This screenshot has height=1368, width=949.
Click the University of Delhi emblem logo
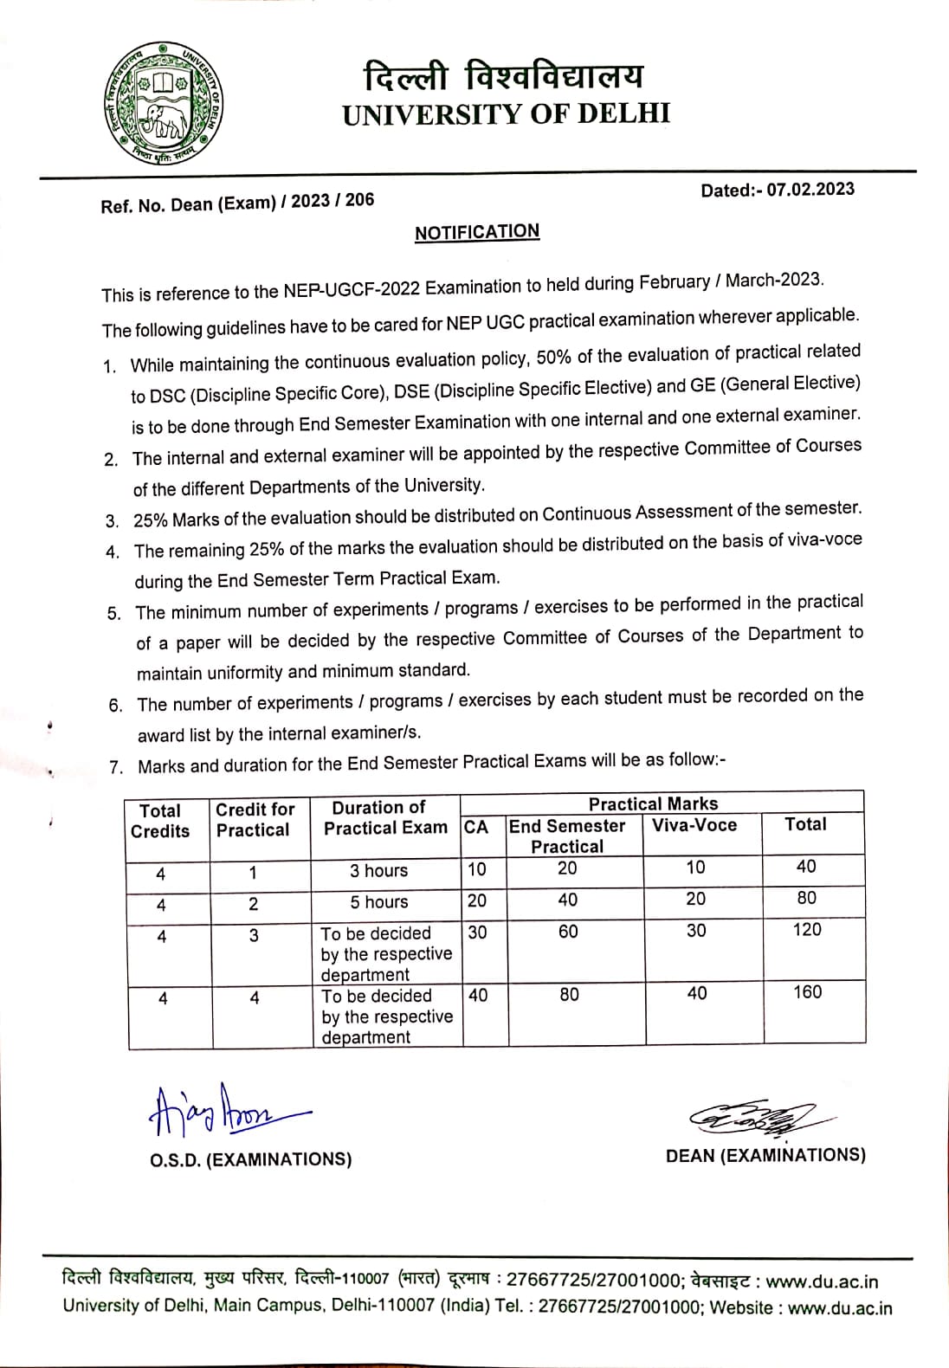(164, 105)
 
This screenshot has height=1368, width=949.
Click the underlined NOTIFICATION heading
(477, 232)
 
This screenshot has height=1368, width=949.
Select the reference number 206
(359, 200)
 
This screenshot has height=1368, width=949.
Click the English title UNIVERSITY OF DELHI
(507, 114)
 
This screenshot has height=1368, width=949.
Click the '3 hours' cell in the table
(378, 871)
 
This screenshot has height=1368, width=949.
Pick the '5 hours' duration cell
(378, 902)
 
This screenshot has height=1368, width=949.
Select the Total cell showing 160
(807, 992)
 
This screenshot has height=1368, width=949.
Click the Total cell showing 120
(807, 930)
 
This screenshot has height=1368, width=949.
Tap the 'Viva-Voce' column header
(694, 825)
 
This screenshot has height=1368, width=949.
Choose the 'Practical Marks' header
(653, 803)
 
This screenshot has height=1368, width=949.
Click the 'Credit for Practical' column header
(255, 820)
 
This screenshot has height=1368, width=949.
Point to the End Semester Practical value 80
(569, 995)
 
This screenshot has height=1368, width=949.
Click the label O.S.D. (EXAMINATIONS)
(251, 1159)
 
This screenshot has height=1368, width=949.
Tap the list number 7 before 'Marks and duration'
(116, 767)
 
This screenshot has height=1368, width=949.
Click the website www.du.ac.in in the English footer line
(839, 1307)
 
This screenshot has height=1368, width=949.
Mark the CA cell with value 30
(477, 932)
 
